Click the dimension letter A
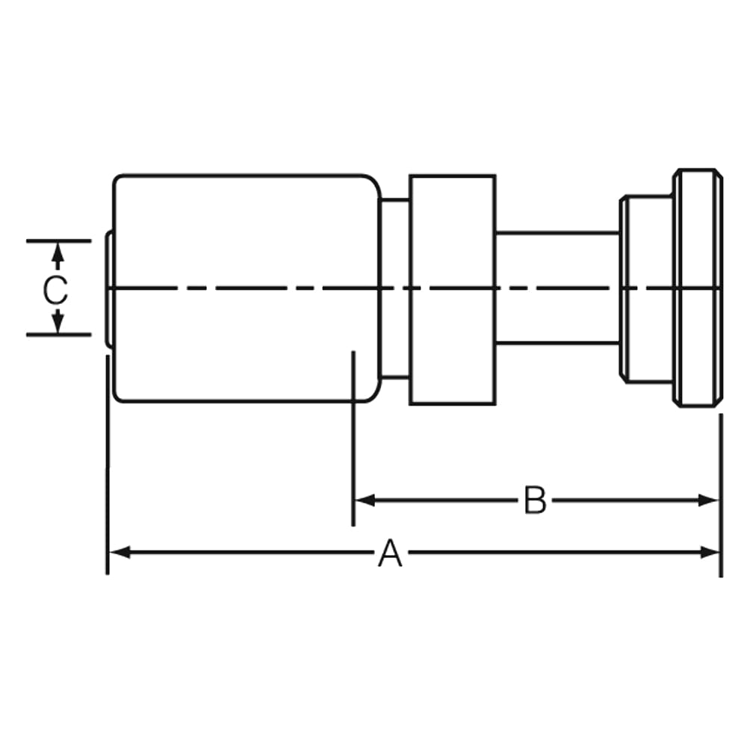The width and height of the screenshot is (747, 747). (x=390, y=554)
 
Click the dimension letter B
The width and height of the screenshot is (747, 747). (x=535, y=500)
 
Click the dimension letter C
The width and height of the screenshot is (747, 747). (x=55, y=290)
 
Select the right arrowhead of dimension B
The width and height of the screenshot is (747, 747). (x=709, y=500)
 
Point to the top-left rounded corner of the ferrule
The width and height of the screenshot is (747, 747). (x=117, y=180)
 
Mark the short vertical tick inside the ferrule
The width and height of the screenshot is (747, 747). (x=353, y=373)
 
